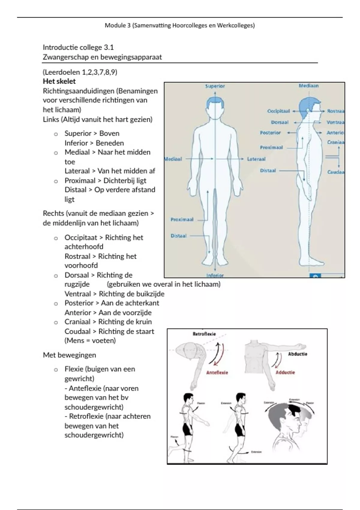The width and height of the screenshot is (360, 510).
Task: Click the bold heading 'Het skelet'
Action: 59,81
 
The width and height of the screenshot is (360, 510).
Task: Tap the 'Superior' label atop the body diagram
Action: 215,86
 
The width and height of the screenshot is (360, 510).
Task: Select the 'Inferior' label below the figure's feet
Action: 215,275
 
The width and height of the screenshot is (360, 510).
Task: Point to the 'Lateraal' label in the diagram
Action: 256,159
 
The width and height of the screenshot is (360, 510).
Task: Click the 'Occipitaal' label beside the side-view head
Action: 278,111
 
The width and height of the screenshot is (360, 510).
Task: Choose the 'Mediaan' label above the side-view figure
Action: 308,86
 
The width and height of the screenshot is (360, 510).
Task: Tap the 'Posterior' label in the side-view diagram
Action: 270,133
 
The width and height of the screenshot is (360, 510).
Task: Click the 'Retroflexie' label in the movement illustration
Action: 204,334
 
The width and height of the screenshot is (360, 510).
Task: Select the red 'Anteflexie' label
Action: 217,373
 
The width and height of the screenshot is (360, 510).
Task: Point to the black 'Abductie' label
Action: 298,354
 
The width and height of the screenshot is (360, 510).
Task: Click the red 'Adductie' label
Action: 285,373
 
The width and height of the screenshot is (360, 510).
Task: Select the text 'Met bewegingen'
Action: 69,355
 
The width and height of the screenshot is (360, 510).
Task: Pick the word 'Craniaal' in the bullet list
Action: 77,322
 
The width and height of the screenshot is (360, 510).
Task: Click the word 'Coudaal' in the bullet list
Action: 77,331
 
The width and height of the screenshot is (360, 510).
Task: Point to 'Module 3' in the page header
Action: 118,25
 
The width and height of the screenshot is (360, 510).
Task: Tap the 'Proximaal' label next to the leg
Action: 182,220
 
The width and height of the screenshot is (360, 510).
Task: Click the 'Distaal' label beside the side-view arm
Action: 268,171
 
